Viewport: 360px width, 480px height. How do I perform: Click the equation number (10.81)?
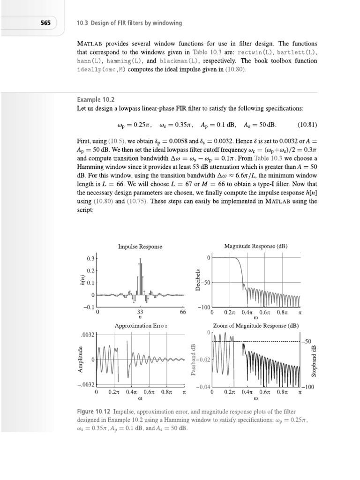[x=307, y=125]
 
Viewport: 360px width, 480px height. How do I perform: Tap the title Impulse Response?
[x=140, y=247]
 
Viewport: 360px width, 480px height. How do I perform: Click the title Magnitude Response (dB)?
[x=256, y=247]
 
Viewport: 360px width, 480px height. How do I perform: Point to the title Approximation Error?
[x=140, y=325]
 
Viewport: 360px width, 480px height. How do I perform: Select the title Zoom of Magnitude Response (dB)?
[x=256, y=325]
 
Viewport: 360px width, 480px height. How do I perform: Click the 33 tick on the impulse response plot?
[x=140, y=312]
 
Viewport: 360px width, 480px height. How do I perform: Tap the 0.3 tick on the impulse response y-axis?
[x=90, y=259]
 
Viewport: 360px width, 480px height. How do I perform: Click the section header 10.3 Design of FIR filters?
[x=129, y=22]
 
